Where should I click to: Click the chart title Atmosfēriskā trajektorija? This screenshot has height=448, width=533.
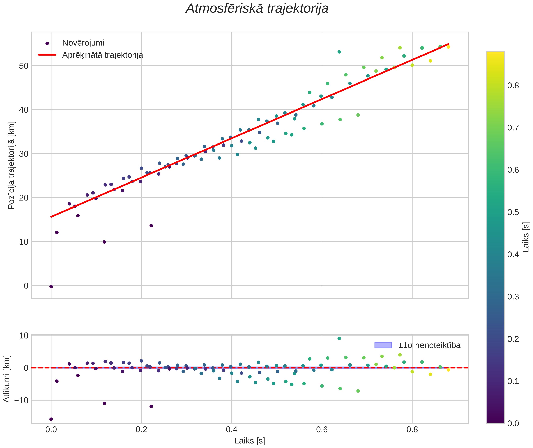(x=257, y=9)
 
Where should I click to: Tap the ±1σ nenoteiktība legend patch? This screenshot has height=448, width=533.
(x=383, y=345)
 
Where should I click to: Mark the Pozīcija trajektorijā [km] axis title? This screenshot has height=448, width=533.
(x=11, y=165)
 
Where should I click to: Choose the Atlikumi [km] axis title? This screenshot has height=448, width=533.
(x=6, y=379)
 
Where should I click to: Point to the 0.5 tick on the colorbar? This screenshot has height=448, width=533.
(x=513, y=212)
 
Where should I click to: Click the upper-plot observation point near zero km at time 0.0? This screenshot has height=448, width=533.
(x=51, y=287)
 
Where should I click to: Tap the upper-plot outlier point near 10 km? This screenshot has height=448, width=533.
(x=104, y=242)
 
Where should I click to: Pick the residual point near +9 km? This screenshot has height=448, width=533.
(x=339, y=339)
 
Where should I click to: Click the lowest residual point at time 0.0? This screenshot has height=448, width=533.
(x=51, y=419)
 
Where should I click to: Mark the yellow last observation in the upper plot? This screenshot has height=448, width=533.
(x=448, y=47)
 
